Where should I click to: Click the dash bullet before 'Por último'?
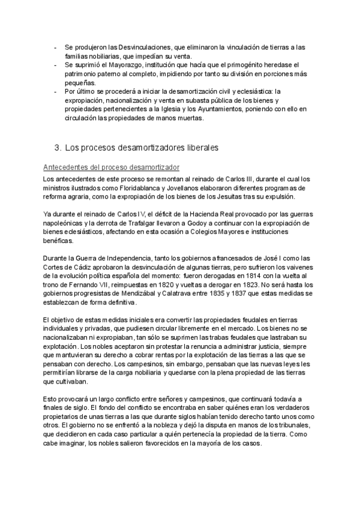click(x=55, y=91)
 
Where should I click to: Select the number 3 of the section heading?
click(x=56, y=147)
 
